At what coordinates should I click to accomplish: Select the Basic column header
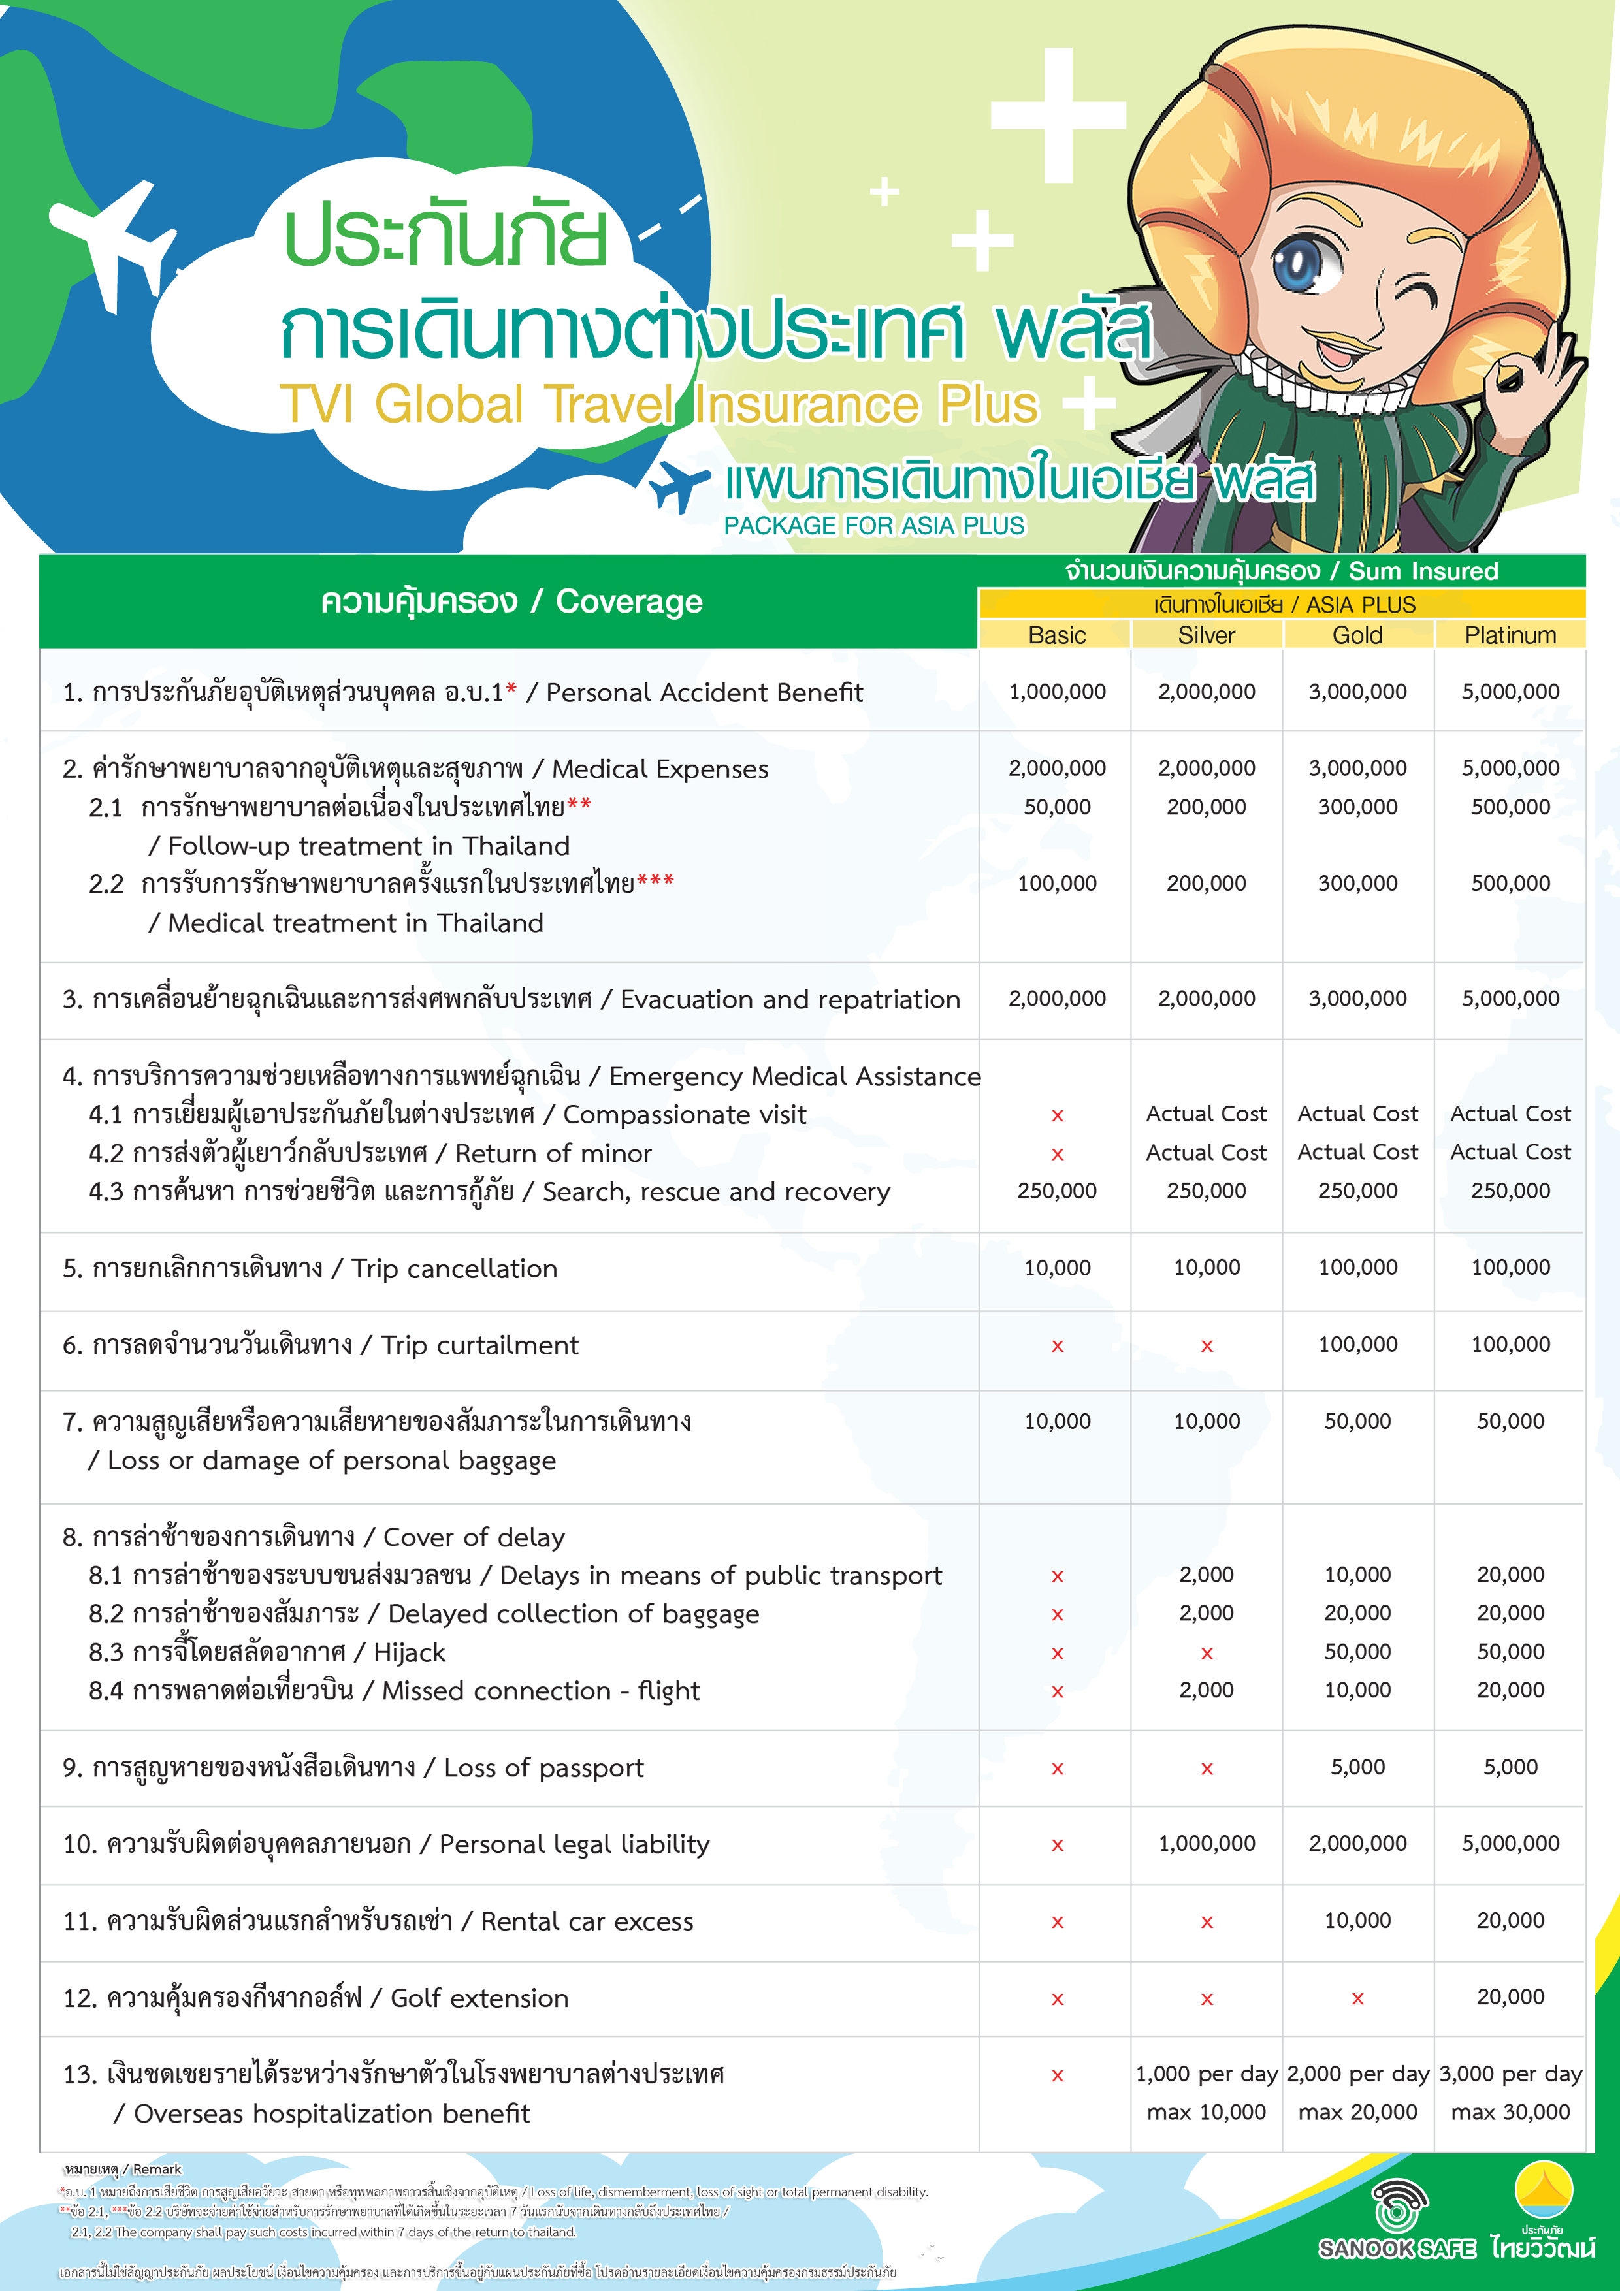click(1056, 635)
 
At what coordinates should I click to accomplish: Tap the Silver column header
click(1206, 635)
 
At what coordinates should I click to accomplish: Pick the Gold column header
click(1357, 635)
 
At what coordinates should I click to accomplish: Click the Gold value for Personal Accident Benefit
click(1357, 692)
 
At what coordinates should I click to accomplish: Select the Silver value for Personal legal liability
click(1206, 1843)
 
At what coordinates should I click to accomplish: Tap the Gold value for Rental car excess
click(1357, 1920)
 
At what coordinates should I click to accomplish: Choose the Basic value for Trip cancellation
click(1057, 1267)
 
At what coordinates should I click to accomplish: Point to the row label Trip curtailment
click(479, 1345)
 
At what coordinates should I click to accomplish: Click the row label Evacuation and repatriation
click(790, 999)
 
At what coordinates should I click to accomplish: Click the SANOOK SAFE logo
click(1397, 2220)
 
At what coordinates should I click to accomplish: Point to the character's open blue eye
click(1297, 264)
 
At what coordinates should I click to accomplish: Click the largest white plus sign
click(1058, 115)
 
